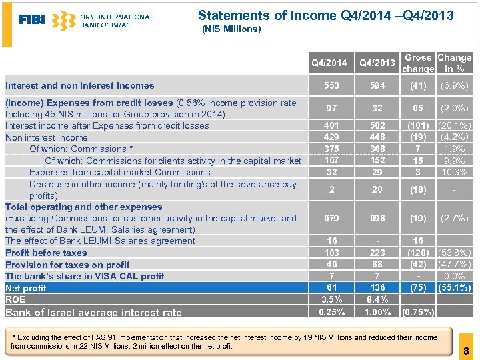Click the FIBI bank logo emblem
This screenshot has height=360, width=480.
[x=63, y=21]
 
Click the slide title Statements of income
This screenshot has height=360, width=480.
[x=325, y=15]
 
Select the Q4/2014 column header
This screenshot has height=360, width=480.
[x=329, y=63]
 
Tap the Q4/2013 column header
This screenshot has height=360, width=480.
[x=377, y=63]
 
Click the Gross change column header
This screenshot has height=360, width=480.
[x=418, y=63]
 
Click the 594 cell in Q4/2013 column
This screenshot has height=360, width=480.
[x=377, y=85]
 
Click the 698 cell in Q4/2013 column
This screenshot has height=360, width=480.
[x=377, y=218]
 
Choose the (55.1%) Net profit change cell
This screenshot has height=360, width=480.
[x=454, y=288]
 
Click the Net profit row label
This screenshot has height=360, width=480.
[x=26, y=288]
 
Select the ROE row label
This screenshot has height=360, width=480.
[x=15, y=300]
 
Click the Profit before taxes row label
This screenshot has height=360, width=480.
[x=46, y=253]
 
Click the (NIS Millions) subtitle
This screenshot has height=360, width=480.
[x=231, y=29]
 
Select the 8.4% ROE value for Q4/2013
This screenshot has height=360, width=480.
[x=377, y=300]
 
